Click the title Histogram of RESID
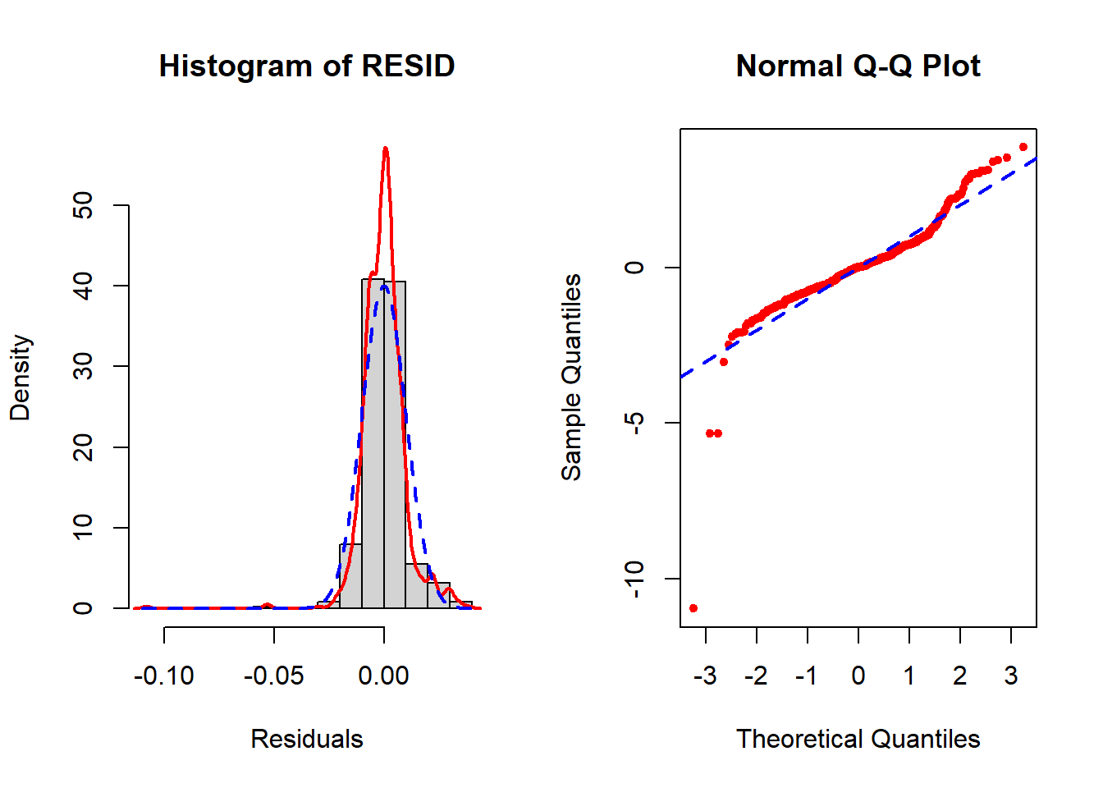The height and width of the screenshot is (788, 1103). click(307, 66)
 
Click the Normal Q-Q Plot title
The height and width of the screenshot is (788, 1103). click(858, 66)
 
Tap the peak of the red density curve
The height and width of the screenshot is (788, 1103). click(386, 149)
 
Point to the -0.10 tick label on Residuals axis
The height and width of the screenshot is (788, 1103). click(164, 676)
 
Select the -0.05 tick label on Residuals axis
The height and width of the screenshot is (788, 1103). click(274, 676)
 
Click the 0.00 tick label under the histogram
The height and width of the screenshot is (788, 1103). click(384, 676)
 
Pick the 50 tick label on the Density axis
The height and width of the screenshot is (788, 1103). click(83, 205)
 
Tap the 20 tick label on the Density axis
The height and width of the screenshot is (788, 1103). click(83, 447)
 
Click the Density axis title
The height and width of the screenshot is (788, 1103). click(20, 378)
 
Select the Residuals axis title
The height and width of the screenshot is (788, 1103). click(307, 739)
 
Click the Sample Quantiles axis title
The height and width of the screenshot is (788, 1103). click(571, 378)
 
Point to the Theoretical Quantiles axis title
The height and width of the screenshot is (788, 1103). click(858, 739)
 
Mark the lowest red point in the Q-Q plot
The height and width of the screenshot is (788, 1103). click(693, 608)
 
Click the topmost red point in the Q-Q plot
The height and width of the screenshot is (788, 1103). click(1023, 147)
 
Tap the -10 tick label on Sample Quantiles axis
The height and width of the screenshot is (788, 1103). click(634, 579)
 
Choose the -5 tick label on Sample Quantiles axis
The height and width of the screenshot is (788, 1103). click(634, 423)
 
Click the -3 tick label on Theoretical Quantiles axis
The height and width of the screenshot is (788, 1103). click(705, 676)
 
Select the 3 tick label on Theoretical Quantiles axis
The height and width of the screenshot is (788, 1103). click(1011, 676)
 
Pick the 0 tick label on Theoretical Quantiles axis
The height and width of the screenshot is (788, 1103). click(858, 676)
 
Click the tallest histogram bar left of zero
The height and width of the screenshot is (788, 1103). click(373, 443)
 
